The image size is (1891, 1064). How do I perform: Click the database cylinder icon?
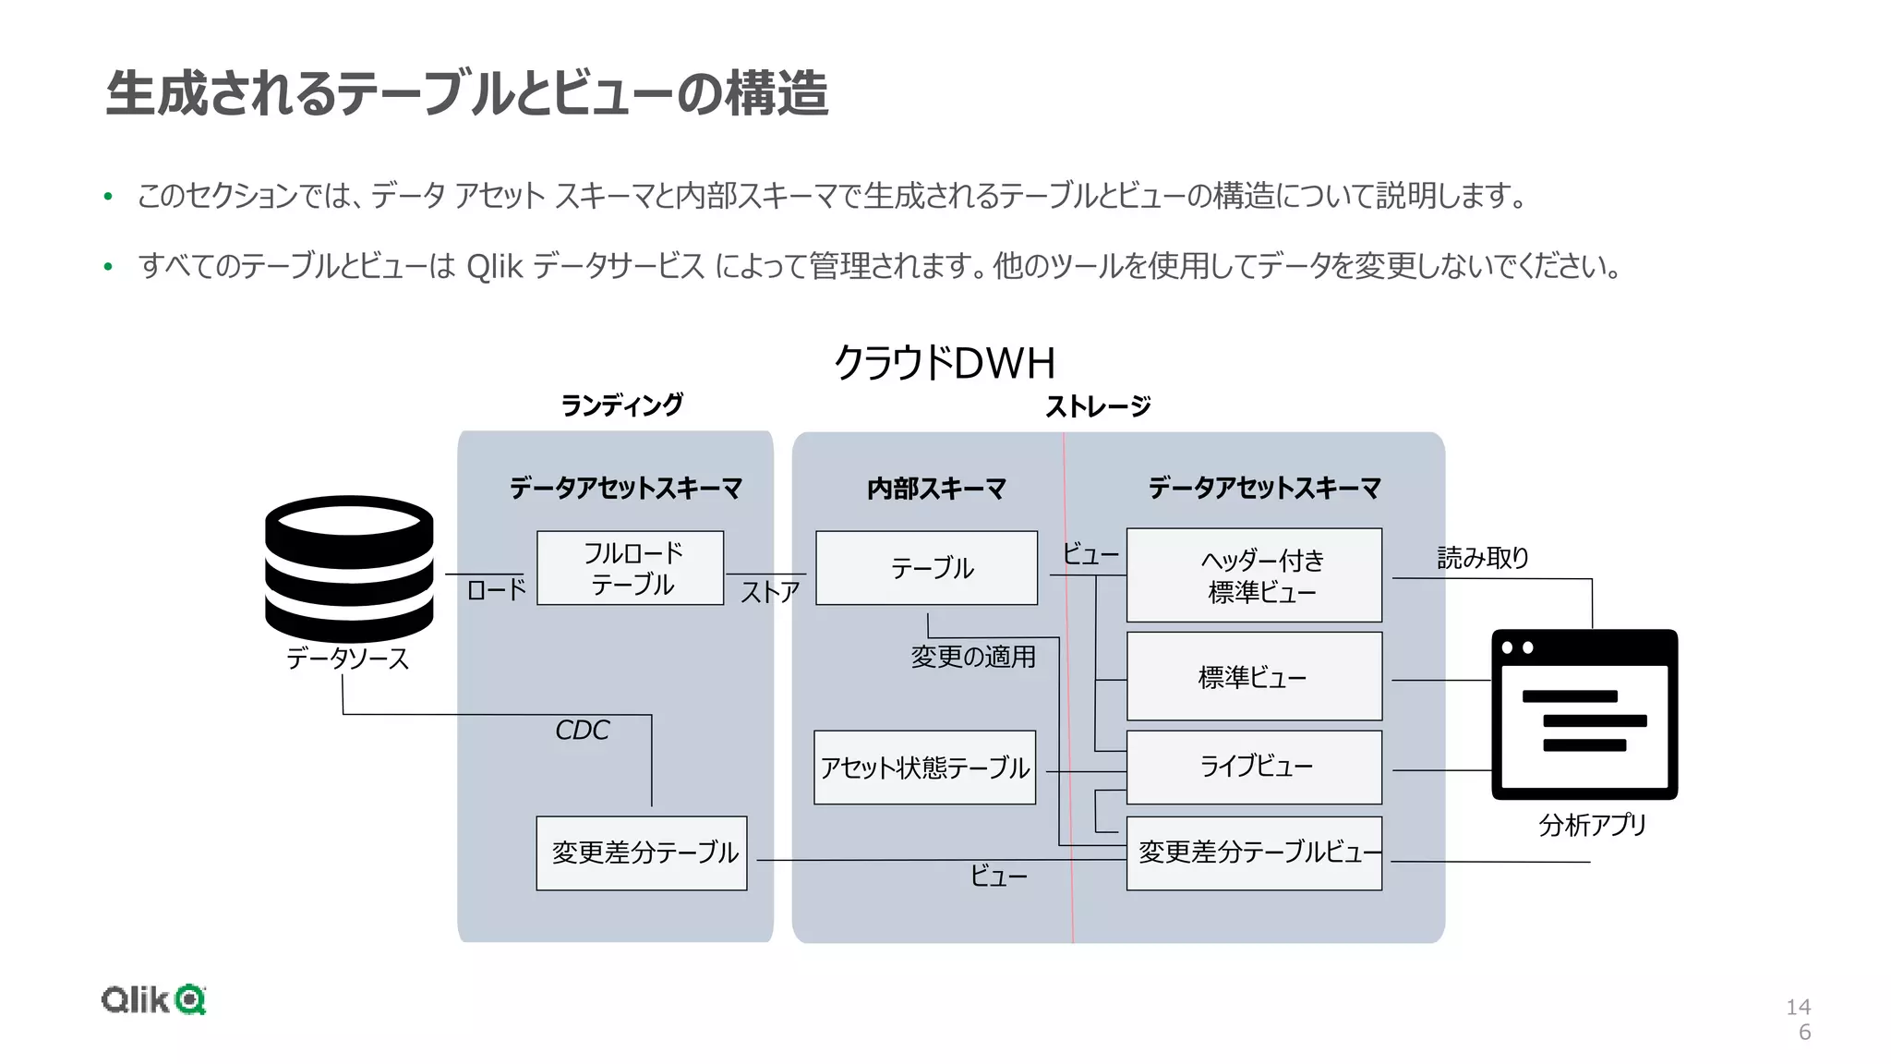(x=349, y=567)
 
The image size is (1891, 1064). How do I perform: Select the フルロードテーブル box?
(x=631, y=568)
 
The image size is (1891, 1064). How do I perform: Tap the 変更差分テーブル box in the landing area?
(x=642, y=852)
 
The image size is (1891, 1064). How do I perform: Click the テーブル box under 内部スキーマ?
(x=927, y=568)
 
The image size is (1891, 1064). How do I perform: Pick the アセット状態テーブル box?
(x=925, y=768)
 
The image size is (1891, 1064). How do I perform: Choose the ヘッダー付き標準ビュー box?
(x=1254, y=575)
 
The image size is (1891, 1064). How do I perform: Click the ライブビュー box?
(x=1254, y=767)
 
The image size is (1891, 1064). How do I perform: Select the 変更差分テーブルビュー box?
(x=1254, y=852)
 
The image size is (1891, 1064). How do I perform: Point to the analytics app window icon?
(x=1584, y=714)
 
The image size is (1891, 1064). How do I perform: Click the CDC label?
(x=582, y=731)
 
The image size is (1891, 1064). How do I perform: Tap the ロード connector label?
(x=497, y=590)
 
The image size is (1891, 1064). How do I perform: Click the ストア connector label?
(x=770, y=592)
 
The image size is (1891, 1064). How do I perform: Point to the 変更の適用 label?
(x=973, y=657)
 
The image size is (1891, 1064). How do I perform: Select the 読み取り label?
(x=1483, y=558)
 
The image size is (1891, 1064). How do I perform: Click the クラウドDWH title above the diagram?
(x=944, y=363)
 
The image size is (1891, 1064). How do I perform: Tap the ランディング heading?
(x=622, y=405)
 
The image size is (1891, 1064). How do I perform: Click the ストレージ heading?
(x=1098, y=406)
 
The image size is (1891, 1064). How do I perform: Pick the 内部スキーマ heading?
(x=936, y=489)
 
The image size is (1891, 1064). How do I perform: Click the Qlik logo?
(x=153, y=999)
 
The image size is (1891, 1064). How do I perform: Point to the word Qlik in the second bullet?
(x=495, y=267)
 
